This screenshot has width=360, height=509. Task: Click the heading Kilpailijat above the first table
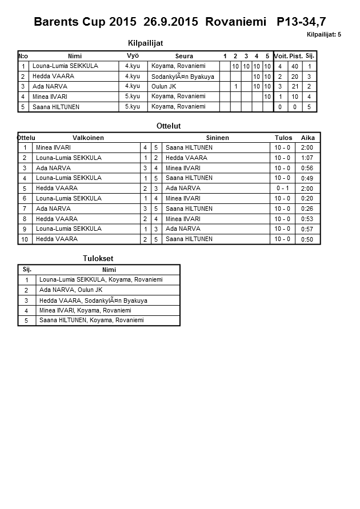(145, 43)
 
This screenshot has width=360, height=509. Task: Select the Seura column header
(184, 56)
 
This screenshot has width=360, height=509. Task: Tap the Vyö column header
(133, 56)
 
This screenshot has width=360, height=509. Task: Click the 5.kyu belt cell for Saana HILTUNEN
(133, 107)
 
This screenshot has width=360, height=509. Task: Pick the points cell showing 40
(295, 66)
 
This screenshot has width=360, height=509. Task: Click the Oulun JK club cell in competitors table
(164, 87)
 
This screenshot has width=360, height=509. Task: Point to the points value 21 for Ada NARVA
(295, 87)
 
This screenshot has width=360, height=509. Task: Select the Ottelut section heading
(169, 126)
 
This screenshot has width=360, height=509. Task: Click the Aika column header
(308, 138)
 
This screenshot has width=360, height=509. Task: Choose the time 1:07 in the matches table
(307, 158)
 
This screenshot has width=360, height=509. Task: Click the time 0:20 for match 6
(307, 199)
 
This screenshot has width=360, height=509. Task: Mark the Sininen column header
(217, 138)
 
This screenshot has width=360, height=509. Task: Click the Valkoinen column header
(88, 138)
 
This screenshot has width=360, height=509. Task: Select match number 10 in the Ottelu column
(25, 239)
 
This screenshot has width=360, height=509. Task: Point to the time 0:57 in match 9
(307, 229)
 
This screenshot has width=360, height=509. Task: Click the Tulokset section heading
(98, 259)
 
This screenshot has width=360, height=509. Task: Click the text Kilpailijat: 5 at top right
(323, 35)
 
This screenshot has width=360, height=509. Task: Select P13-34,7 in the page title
(301, 22)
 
